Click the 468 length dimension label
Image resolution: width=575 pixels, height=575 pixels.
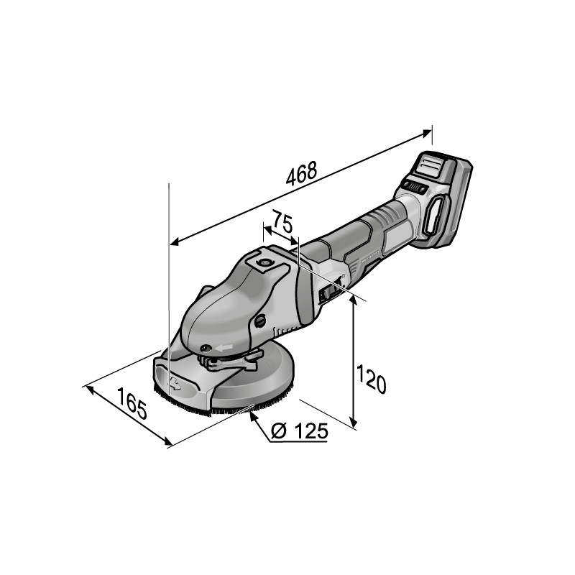(301, 173)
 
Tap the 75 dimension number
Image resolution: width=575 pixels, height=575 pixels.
(282, 222)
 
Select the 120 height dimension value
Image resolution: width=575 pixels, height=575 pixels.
(371, 379)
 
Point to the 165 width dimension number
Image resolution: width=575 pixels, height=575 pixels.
(132, 403)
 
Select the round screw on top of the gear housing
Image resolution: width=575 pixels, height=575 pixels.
(263, 262)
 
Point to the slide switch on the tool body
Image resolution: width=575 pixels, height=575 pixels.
(332, 291)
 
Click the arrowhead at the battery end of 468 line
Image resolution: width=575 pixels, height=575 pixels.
(427, 133)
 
